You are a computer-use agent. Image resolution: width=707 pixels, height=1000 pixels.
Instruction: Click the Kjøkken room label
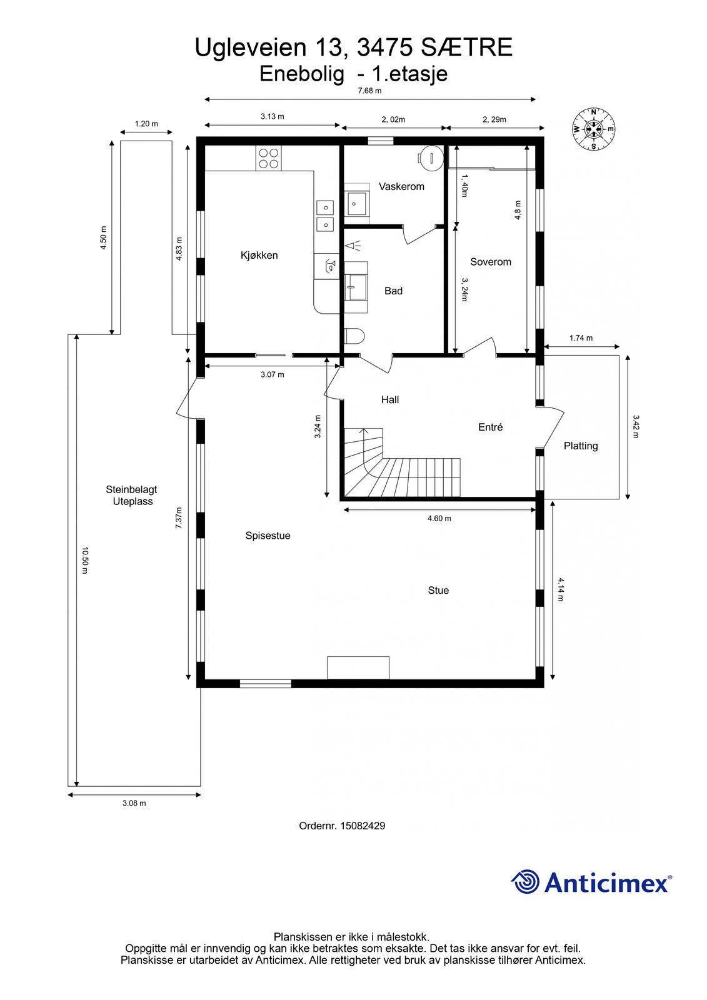259,256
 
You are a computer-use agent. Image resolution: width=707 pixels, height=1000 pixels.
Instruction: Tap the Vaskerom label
401,187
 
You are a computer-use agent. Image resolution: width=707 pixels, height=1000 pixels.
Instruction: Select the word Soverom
490,262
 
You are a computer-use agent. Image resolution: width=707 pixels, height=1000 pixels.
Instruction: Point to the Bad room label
393,291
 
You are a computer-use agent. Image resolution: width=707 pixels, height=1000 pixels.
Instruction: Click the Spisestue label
268,536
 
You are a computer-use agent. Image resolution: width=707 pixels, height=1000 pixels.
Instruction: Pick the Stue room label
438,590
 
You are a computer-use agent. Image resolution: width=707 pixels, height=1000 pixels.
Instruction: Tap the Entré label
490,427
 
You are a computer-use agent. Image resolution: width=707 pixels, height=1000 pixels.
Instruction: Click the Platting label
581,446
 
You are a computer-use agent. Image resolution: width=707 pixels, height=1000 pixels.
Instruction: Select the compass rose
594,129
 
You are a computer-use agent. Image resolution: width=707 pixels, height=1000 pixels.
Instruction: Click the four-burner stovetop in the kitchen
268,159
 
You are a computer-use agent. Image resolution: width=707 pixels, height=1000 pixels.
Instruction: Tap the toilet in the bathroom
355,336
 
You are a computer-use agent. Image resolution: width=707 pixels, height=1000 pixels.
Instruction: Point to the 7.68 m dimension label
370,91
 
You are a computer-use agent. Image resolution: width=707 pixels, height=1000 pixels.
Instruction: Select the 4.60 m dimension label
439,518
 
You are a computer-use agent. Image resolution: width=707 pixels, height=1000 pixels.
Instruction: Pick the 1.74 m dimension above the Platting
581,338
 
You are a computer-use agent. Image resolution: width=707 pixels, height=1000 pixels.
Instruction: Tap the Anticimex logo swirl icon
525,881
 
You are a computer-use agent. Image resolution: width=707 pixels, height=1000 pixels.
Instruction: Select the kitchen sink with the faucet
327,266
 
